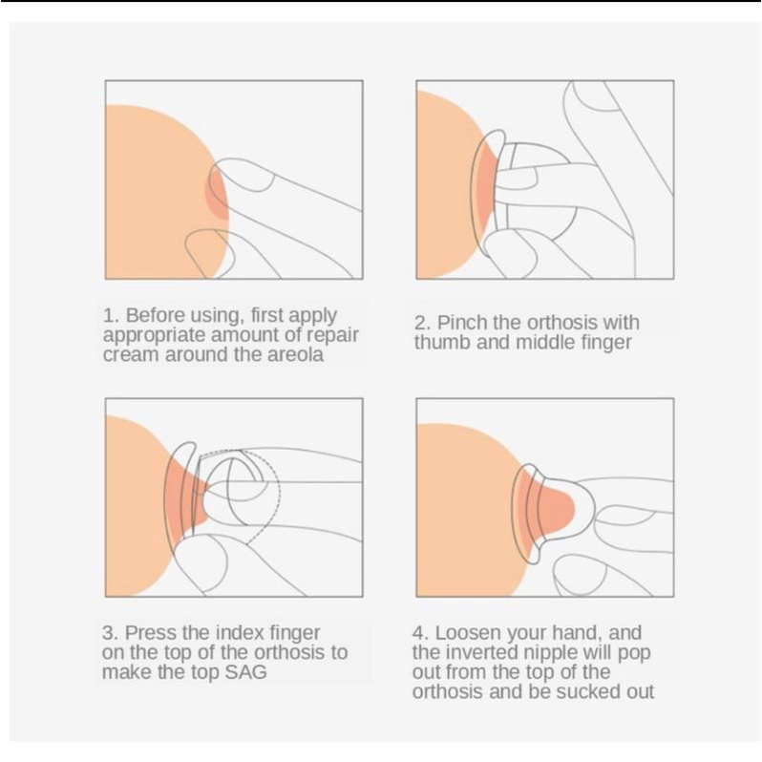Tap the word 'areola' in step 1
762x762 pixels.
(x=295, y=355)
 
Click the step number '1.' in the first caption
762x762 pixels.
(x=111, y=316)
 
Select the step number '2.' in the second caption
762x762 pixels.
(x=422, y=323)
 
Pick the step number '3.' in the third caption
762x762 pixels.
(x=110, y=633)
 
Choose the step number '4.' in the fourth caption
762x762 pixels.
(x=420, y=633)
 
